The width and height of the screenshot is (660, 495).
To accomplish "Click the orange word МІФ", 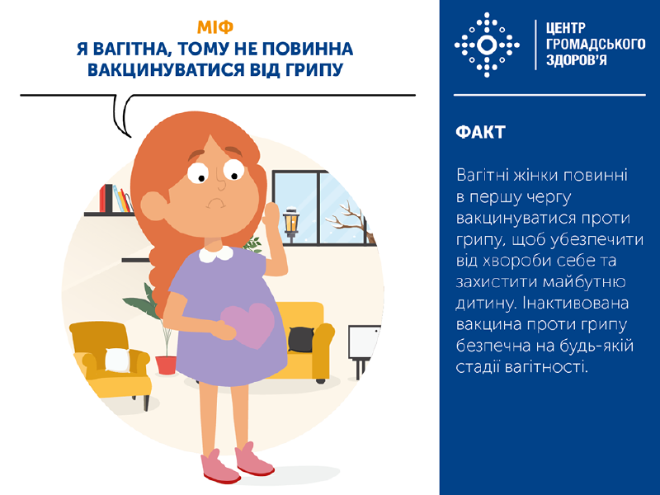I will [x=216, y=26].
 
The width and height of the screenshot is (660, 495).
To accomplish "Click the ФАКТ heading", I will [x=479, y=133].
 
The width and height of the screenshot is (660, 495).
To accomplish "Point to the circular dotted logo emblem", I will [x=487, y=45].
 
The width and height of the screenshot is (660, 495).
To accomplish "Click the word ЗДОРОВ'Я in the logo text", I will [x=577, y=61].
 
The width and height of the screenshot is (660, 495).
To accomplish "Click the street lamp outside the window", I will [x=290, y=223].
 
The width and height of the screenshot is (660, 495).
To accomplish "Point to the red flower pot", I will [x=166, y=364].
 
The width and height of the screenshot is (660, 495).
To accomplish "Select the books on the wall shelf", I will [x=115, y=199].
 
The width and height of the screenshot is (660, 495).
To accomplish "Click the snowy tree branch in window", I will [x=351, y=219].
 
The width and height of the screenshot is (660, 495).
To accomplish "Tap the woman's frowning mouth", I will [x=216, y=200].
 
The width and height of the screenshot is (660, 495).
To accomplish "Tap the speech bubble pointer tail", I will [x=125, y=120].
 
